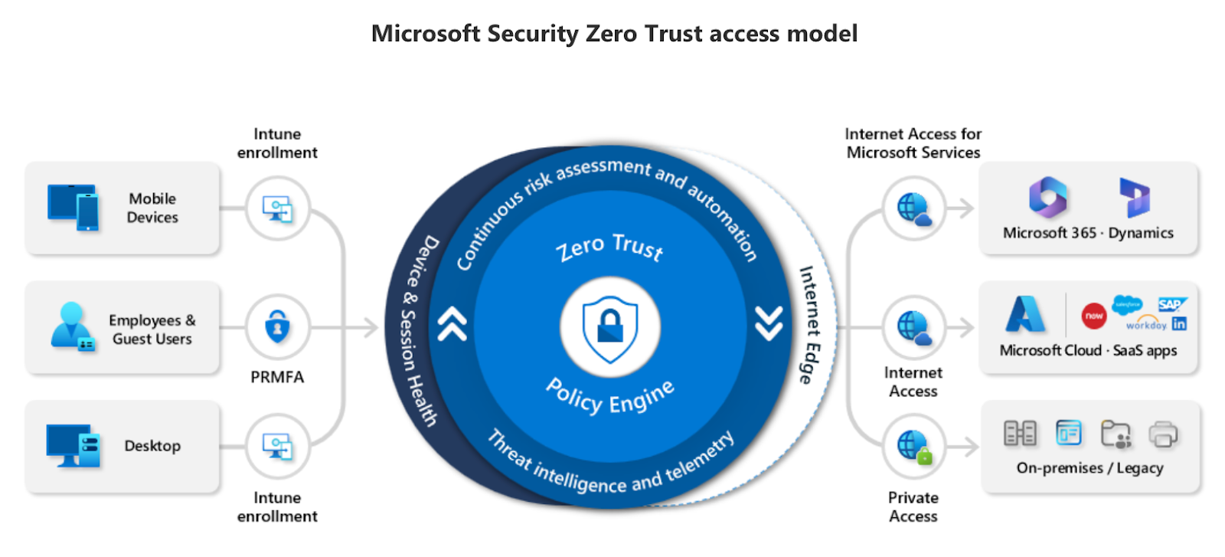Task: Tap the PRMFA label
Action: [277, 377]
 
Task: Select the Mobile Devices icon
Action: [73, 207]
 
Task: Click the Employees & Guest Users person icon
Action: [72, 326]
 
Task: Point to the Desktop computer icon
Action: [73, 445]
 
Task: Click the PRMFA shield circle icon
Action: [277, 327]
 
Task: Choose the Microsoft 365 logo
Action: [1048, 197]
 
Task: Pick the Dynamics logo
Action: [1134, 197]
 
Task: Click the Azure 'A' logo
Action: [1025, 314]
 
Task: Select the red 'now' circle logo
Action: [1094, 316]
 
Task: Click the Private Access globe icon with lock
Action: [914, 446]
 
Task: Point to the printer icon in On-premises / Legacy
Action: [1163, 434]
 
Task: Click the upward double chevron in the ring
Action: [452, 323]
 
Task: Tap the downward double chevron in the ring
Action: [769, 323]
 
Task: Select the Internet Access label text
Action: [913, 382]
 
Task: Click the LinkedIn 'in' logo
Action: [1179, 324]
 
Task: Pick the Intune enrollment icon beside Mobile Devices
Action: [277, 208]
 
